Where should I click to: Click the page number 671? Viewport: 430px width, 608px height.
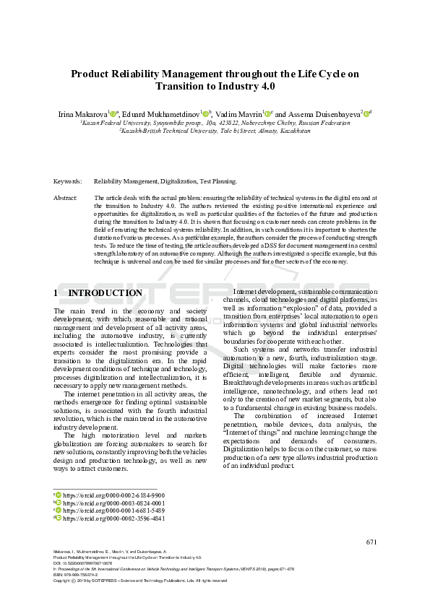click(x=371, y=542)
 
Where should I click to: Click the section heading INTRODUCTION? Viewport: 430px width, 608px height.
click(x=105, y=293)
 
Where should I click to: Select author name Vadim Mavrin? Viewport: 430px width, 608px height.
click(x=237, y=113)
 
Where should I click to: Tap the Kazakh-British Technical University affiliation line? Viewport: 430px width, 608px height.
click(x=215, y=131)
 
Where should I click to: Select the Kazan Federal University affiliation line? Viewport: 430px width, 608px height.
click(x=215, y=123)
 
